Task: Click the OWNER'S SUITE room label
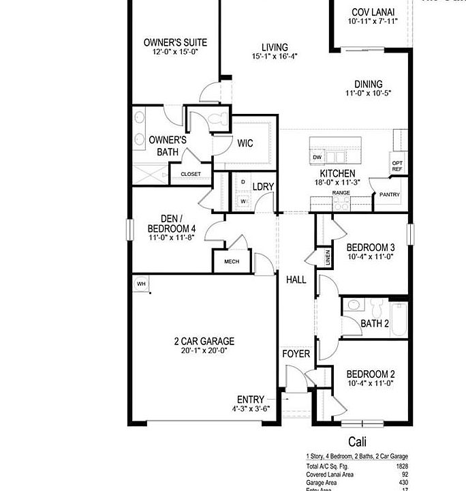click(175, 42)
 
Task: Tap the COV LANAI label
click(372, 12)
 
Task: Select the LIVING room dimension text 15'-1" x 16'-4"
click(275, 57)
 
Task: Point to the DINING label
click(368, 85)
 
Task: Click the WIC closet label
click(245, 143)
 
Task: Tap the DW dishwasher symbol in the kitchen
click(317, 158)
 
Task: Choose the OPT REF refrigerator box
click(398, 166)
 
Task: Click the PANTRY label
click(390, 195)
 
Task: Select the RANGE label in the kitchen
click(341, 193)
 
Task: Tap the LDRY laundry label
click(263, 186)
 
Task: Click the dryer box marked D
click(243, 183)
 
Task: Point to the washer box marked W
click(243, 201)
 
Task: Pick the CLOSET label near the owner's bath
click(191, 174)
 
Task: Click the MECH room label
click(232, 261)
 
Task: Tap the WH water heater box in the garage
click(142, 284)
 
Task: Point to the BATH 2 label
click(375, 323)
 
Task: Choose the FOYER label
click(296, 354)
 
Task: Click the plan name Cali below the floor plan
click(358, 442)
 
